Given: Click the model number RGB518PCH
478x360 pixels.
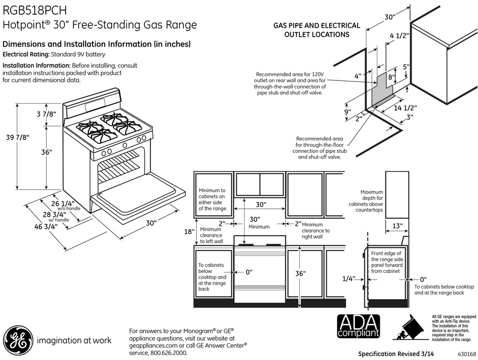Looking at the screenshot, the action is click(34, 11).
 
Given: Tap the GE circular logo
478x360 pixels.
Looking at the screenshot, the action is click(18, 340).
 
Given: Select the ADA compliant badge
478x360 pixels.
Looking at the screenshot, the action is click(358, 326).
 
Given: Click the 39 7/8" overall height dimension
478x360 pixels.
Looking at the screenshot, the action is click(18, 137).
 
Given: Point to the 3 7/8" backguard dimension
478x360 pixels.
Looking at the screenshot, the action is click(47, 114).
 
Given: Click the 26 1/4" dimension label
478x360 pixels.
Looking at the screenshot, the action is click(63, 203).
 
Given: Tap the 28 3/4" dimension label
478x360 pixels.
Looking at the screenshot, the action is click(54, 214).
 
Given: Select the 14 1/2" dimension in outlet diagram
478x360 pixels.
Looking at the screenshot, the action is click(405, 108).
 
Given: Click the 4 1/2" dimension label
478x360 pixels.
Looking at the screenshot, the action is click(400, 36).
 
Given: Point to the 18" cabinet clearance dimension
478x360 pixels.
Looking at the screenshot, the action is click(189, 231).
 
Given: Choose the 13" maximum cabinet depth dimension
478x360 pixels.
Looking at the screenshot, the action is click(397, 226).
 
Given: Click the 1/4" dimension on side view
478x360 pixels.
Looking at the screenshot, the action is click(349, 279).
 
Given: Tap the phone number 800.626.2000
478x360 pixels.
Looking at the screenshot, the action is click(169, 353).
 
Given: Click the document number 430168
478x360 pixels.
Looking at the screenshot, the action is click(466, 354).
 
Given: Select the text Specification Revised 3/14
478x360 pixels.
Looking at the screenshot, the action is click(395, 354).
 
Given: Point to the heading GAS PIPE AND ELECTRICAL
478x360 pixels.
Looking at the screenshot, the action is click(316, 26).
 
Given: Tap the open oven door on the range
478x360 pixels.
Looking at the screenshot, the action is click(139, 193).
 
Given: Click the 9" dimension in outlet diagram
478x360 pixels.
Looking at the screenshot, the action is click(348, 112).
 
